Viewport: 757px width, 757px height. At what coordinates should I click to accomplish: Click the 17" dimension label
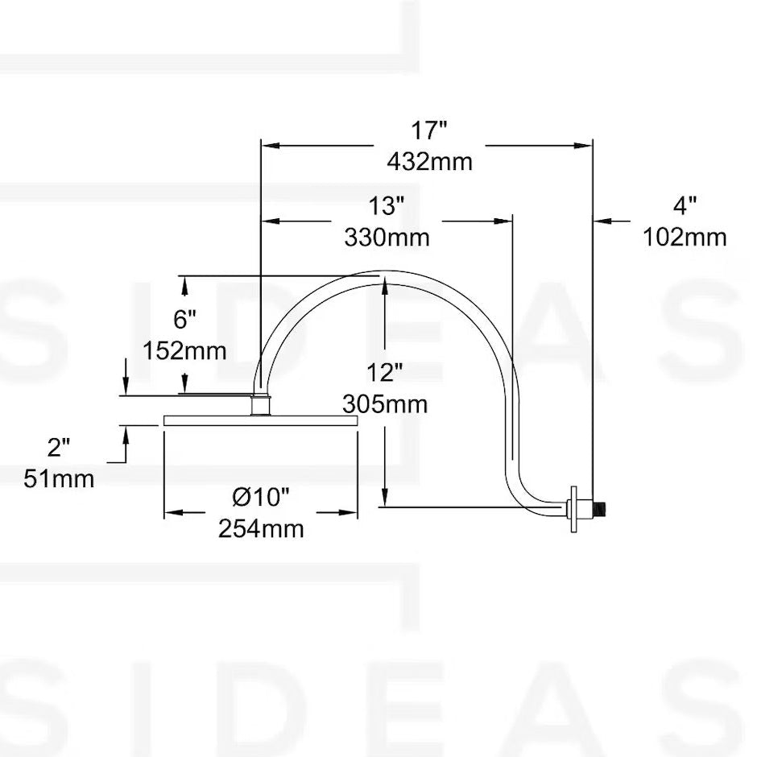[429, 130]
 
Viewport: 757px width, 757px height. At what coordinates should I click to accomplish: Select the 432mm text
[429, 161]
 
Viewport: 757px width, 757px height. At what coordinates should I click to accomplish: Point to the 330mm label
[387, 238]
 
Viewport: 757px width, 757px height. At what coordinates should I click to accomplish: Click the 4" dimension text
[684, 206]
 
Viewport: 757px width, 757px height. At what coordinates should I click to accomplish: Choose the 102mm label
[685, 238]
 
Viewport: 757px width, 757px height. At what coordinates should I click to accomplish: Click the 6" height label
[184, 320]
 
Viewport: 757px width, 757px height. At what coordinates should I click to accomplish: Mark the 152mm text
[184, 351]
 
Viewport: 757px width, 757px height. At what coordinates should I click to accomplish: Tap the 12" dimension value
[384, 372]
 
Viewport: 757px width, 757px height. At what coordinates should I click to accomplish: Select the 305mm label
[384, 403]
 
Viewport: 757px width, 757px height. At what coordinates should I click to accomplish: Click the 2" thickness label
[59, 448]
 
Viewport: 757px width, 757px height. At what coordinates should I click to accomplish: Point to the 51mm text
[59, 479]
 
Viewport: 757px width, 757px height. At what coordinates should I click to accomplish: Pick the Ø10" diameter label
[261, 498]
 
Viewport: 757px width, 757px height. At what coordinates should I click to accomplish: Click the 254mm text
[261, 529]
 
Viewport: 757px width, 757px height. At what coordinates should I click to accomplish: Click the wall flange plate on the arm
[573, 508]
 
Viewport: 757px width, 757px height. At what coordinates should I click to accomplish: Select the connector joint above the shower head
[261, 404]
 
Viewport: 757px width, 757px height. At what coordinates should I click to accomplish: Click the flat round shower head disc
[260, 420]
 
